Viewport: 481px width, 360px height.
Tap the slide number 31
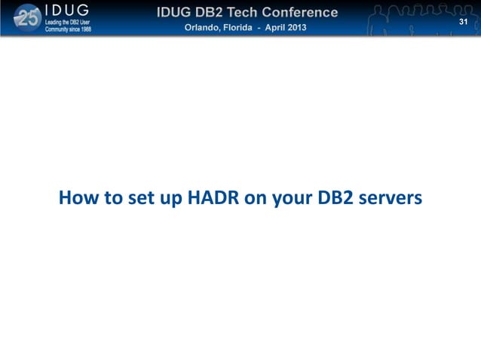(464, 23)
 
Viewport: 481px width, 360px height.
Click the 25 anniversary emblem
(28, 18)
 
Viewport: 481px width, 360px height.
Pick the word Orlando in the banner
(204, 28)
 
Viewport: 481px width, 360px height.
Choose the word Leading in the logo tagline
(55, 23)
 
